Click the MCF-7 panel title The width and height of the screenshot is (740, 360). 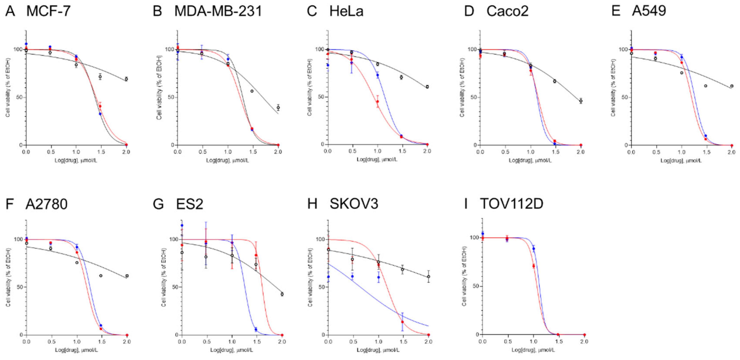(48, 11)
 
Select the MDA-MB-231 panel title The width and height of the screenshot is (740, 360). (218, 11)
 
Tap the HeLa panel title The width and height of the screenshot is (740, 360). (346, 11)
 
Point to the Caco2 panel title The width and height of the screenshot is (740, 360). (507, 11)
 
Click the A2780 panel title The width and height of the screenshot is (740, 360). (46, 204)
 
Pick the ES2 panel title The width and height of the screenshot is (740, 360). (190, 204)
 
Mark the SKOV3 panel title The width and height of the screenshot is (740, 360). (354, 204)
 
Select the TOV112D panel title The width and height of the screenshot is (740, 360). (512, 204)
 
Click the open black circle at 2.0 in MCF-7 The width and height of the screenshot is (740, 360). (126, 79)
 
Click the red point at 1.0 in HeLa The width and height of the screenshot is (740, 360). (377, 101)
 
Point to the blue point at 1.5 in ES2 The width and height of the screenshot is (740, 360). (256, 329)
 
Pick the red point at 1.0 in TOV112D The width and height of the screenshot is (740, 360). (533, 266)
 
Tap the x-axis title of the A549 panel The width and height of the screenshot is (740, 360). (681, 160)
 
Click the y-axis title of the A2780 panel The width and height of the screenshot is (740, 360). (8, 278)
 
